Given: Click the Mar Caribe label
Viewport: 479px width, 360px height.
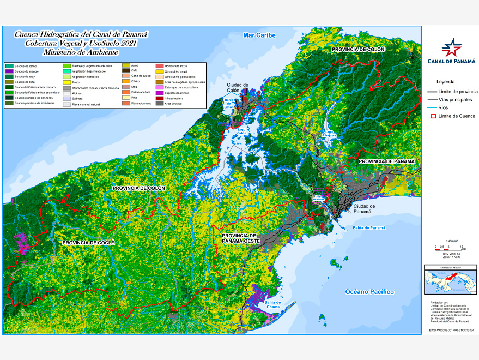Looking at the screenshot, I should click(259, 35).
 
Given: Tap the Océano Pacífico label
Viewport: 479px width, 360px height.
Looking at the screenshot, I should click(369, 292).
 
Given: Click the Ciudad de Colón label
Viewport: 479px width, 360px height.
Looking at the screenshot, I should click(238, 88).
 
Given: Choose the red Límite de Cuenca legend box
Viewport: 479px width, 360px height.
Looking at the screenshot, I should click(434, 116).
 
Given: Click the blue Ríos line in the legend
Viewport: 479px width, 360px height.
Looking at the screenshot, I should click(434, 107).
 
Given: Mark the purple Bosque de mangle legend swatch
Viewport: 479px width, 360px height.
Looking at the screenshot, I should click(9, 71).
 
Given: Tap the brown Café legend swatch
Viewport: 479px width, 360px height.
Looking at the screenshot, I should click(125, 71).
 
